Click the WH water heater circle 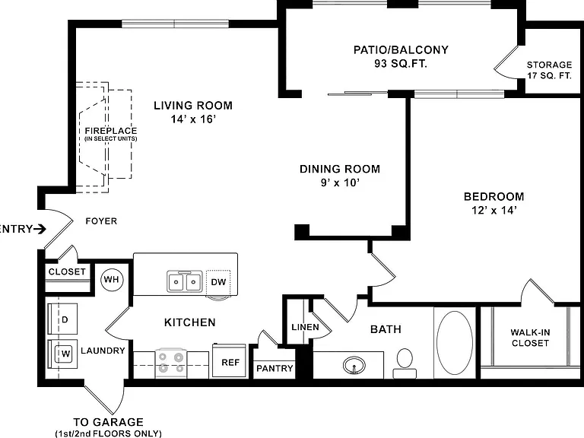tap(112, 279)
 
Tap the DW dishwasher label tap(219, 282)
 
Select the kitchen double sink tap(185, 281)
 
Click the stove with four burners tap(171, 363)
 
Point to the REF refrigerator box tap(230, 360)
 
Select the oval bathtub tap(455, 343)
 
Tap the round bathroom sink tap(354, 365)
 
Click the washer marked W tap(62, 354)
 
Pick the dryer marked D tap(62, 319)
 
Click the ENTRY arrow tap(40, 229)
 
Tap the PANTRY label tap(275, 368)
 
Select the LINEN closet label tap(306, 327)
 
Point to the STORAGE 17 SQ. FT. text tap(549, 70)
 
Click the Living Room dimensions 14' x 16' tap(194, 119)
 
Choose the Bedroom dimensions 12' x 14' tap(494, 210)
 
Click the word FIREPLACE tap(111, 131)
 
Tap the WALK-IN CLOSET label tap(530, 338)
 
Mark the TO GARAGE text tap(109, 422)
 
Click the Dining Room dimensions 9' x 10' tap(340, 182)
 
